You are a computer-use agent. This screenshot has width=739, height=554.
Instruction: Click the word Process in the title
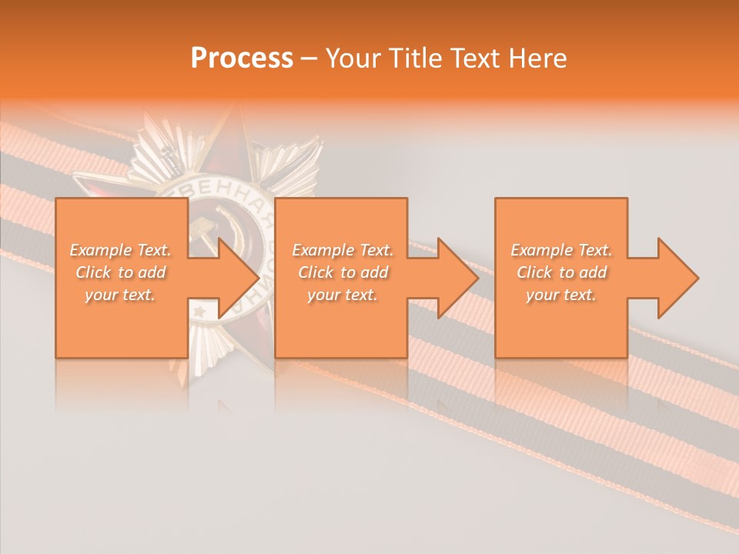coord(242,58)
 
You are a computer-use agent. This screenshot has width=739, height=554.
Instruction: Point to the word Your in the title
coord(352,58)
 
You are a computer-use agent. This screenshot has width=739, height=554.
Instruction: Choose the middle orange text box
coord(341,331)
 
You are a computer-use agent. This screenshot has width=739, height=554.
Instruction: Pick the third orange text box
coord(560,331)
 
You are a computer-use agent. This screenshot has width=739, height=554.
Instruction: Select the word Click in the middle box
coord(316,272)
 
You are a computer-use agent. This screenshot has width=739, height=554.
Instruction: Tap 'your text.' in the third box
coord(560,295)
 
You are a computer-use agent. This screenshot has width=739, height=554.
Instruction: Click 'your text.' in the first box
coord(120,295)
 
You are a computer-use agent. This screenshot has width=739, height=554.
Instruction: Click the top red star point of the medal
coord(232,127)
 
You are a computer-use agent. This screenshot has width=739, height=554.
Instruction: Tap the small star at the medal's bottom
coord(199,312)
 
